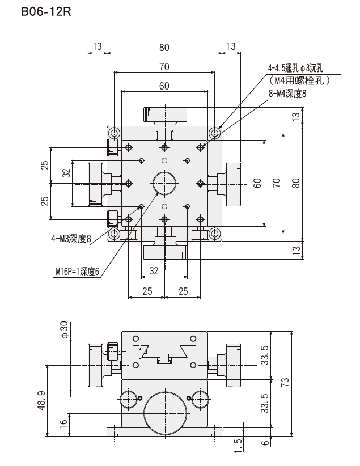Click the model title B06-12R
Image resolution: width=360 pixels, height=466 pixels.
tap(46, 12)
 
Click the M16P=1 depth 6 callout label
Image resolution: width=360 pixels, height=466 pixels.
tap(77, 272)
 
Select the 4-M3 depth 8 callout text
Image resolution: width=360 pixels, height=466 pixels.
tap(70, 239)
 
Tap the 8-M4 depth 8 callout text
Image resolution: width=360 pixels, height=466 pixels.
tap(287, 94)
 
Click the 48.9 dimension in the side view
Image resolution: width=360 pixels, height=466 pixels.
tap(42, 401)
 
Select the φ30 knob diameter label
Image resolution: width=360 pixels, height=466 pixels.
tap(65, 330)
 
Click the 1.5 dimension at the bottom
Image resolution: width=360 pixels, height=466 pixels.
tap(239, 446)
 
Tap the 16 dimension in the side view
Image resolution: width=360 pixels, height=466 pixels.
tap(63, 424)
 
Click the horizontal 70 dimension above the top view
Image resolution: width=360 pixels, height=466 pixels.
tap(164, 66)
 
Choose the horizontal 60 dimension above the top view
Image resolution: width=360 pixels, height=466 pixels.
tap(164, 86)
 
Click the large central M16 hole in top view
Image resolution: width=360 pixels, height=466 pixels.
tap(164, 183)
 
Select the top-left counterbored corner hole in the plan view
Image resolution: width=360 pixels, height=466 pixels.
tap(114, 133)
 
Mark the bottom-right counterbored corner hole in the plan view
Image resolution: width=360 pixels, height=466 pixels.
tap(215, 234)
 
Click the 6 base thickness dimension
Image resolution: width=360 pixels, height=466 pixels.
tap(265, 443)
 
